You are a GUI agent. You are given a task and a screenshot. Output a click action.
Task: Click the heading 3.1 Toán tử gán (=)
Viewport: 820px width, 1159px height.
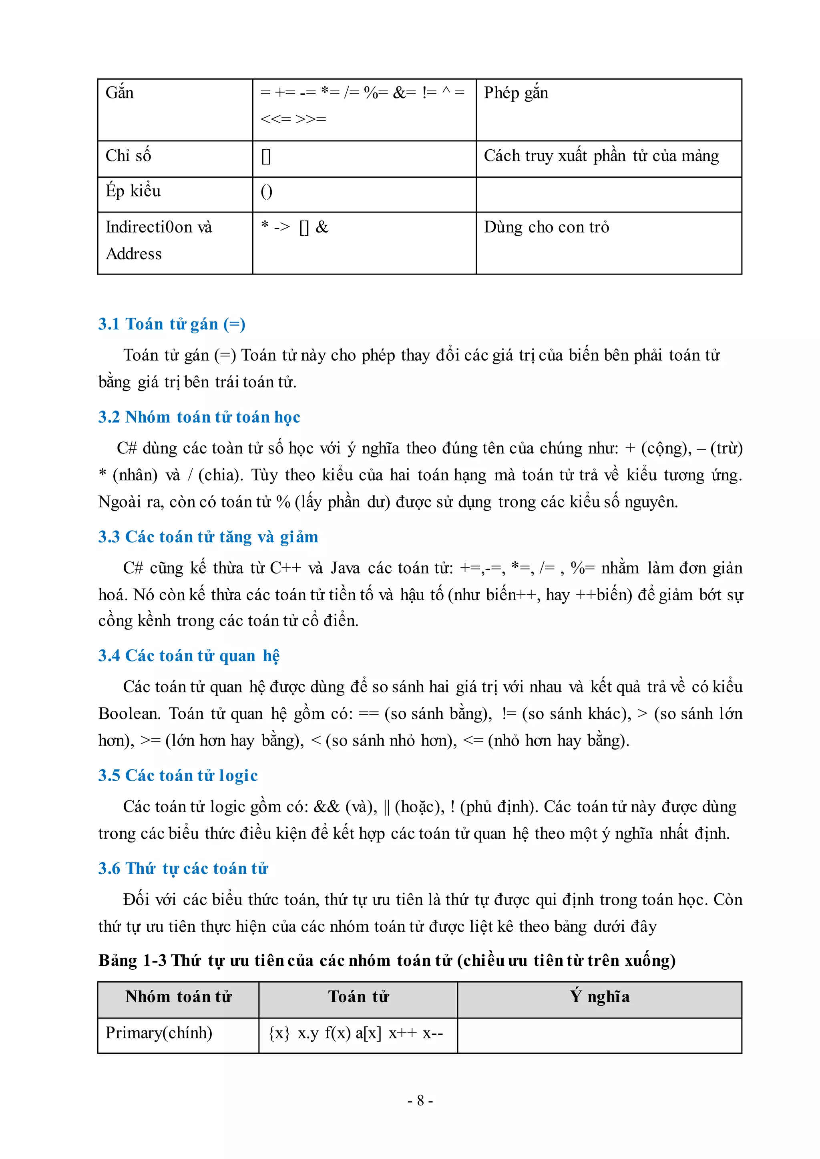click(172, 324)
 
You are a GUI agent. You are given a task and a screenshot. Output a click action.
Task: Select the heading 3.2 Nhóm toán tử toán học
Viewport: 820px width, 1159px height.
click(199, 417)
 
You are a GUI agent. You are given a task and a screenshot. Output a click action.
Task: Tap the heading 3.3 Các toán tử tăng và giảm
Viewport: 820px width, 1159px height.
click(208, 537)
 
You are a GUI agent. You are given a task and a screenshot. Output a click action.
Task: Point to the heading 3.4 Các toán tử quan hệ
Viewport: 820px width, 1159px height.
click(188, 656)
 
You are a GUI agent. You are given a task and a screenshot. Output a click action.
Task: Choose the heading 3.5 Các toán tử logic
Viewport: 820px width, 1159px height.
click(178, 775)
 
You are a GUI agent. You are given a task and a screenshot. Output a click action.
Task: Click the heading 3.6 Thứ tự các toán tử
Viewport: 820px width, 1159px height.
click(183, 868)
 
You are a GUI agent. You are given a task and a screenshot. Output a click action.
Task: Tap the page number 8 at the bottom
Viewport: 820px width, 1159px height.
click(420, 1101)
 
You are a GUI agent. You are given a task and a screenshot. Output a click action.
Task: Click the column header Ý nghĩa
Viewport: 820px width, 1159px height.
click(599, 997)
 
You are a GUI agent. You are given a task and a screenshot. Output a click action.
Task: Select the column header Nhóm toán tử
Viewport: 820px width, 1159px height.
click(178, 997)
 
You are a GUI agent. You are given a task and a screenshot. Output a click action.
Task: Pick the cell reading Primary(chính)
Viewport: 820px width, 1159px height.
click(159, 1033)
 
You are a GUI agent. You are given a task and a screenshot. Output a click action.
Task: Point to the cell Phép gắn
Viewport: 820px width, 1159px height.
click(516, 93)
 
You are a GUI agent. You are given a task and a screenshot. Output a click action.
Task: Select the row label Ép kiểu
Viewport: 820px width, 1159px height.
click(133, 191)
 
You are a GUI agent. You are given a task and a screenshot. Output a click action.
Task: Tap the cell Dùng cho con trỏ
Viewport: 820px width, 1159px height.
click(546, 227)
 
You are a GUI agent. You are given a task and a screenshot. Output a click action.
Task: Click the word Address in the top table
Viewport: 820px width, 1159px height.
click(134, 254)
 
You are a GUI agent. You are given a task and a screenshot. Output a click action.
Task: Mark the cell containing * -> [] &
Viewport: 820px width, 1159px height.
click(294, 227)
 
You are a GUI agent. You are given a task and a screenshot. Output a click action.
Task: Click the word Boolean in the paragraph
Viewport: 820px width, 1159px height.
click(129, 714)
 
